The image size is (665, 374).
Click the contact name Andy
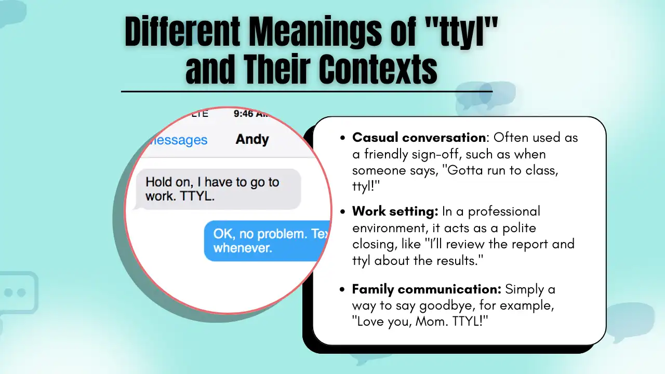click(252, 139)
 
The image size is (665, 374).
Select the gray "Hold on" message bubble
click(218, 190)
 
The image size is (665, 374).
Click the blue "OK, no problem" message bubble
click(268, 241)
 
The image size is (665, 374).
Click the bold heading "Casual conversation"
click(419, 138)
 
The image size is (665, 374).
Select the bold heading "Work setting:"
click(395, 211)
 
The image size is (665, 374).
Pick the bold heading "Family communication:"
click(427, 289)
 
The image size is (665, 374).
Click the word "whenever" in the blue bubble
click(243, 248)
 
